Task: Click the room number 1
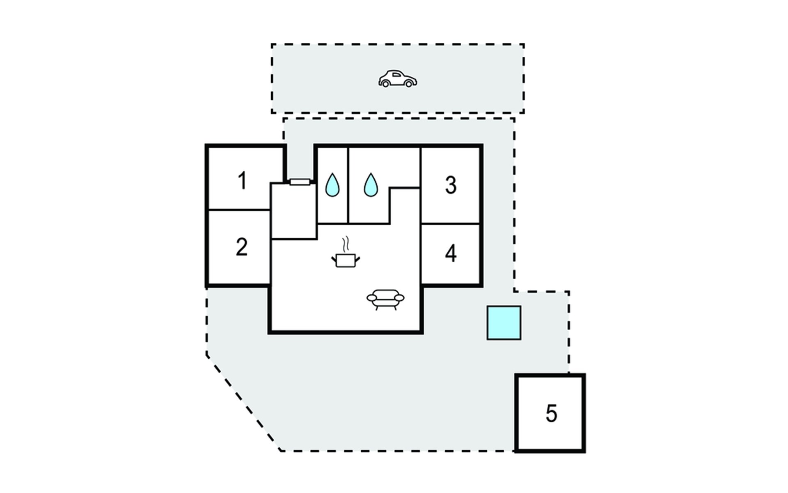pos(243,181)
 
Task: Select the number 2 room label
pos(242,247)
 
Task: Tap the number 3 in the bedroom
pos(451,185)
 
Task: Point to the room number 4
pos(451,253)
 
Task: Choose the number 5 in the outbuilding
pos(551,413)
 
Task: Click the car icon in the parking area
pos(397,78)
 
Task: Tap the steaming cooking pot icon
pos(346,252)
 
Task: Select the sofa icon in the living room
pos(385,299)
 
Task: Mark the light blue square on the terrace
pos(504,323)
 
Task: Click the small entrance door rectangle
pos(300,182)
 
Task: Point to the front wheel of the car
pos(409,83)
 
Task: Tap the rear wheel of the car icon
pos(385,83)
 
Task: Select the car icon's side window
pos(397,75)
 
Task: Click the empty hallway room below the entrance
pos(294,211)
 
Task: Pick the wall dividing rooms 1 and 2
pos(239,210)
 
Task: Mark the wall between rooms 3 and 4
pos(451,224)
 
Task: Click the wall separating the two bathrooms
pos(348,185)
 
